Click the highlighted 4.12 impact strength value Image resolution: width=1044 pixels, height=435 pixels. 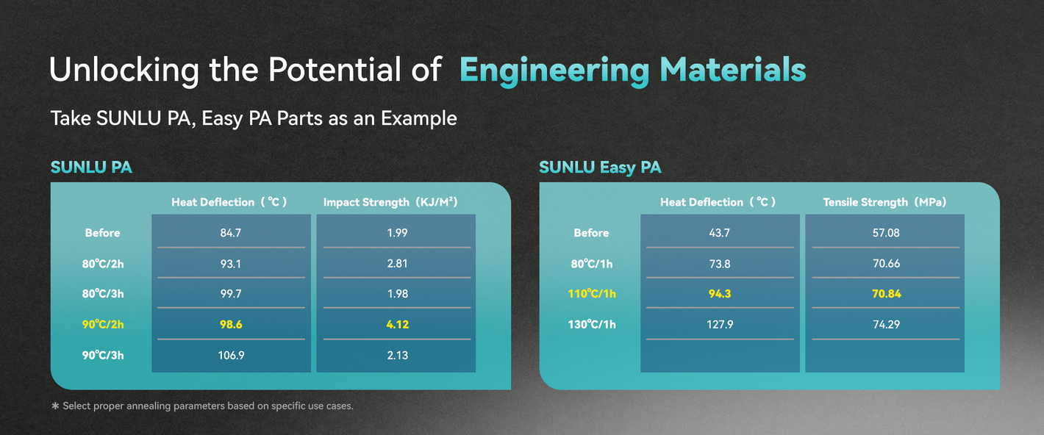point(397,325)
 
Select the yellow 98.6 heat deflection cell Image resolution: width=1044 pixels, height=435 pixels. point(231,325)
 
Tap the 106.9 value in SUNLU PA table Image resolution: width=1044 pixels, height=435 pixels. point(231,356)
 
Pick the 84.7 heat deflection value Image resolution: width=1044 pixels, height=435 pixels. point(231,233)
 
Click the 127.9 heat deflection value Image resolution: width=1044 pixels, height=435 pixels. point(720,325)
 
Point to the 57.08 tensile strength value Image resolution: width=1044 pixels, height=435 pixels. point(886,233)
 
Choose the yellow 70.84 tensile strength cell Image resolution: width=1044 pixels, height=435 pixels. point(886,294)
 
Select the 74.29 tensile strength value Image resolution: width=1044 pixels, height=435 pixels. point(886,325)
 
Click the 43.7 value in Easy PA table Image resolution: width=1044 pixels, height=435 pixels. point(720,233)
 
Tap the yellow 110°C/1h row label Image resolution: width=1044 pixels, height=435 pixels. point(591,294)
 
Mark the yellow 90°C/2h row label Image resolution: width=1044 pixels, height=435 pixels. point(102,325)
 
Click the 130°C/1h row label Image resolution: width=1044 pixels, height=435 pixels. point(591,325)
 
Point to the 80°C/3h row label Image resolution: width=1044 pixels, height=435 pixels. point(102,294)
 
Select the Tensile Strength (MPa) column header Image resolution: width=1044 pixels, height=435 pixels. point(884,202)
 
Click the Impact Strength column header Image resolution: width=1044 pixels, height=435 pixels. point(390,202)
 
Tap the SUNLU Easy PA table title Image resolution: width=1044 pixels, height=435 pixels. point(600,168)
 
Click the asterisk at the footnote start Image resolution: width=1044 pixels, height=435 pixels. point(55,406)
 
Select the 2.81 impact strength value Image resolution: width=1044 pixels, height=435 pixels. point(397,264)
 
